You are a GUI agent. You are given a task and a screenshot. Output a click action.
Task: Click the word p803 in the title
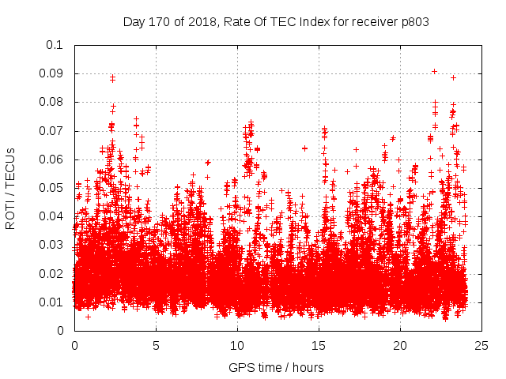coord(413,21)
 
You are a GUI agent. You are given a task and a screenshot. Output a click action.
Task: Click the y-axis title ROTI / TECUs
coord(10,188)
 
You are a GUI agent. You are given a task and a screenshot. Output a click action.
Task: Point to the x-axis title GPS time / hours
coord(276,367)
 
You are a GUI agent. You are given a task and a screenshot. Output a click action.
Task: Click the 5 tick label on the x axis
coord(156,345)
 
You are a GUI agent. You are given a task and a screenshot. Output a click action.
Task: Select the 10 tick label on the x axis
coord(237,345)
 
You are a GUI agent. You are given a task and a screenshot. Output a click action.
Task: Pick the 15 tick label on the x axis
coord(319,345)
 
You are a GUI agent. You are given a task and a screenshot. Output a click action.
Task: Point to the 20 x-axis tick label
coord(400,345)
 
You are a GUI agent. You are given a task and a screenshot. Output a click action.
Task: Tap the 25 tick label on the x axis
coord(481,345)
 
